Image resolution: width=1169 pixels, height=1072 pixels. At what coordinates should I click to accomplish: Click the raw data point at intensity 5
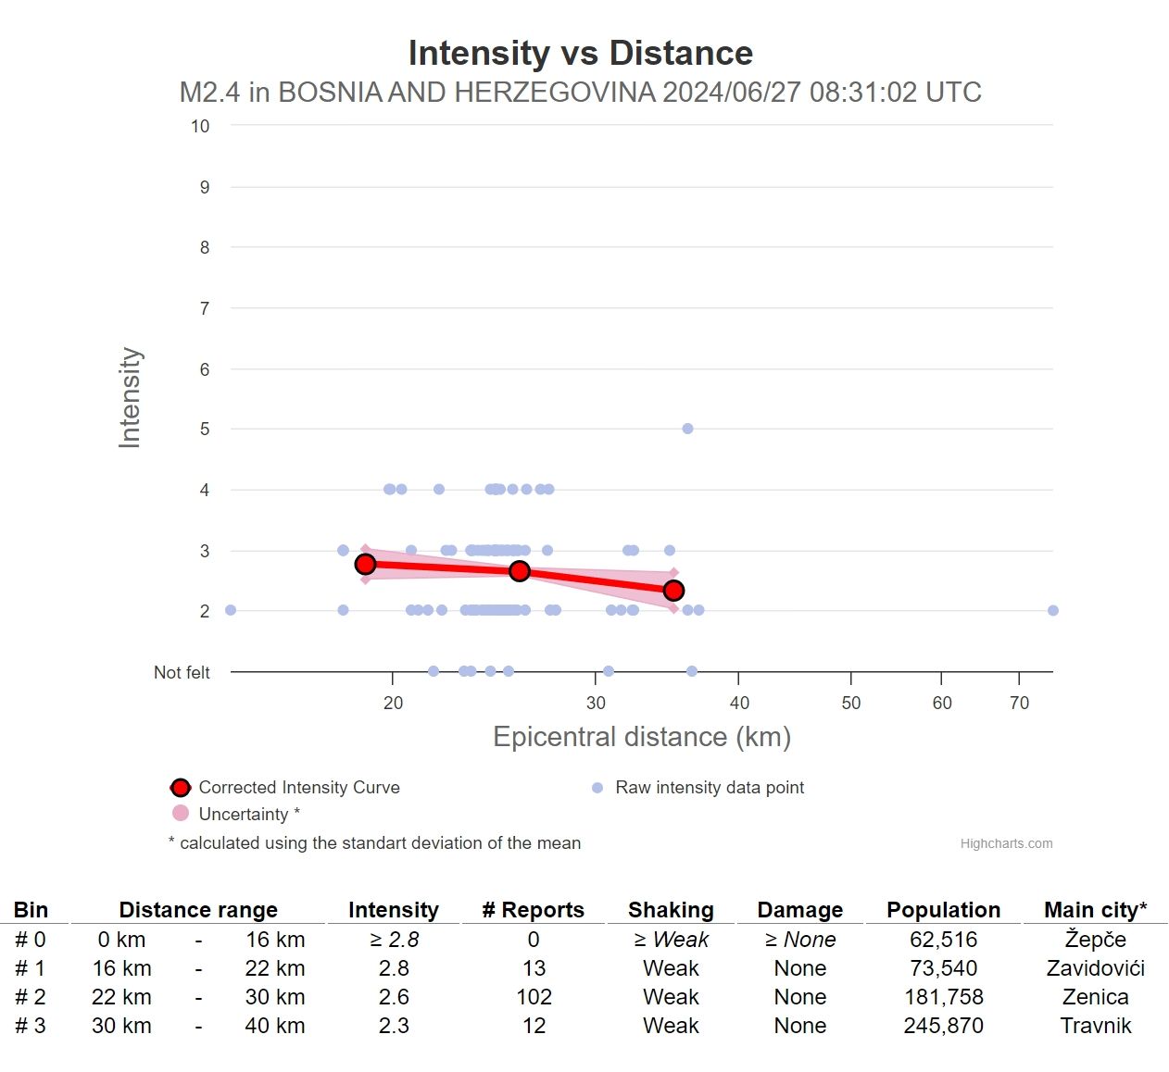coord(687,429)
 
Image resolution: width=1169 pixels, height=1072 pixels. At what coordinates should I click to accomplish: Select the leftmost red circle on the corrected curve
coord(365,564)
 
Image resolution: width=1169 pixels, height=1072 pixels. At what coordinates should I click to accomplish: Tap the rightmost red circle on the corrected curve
coord(673,591)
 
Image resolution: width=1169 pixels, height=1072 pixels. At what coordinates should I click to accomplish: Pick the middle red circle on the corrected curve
coord(520,571)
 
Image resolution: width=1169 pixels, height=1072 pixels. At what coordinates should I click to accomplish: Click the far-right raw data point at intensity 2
coord(1052,610)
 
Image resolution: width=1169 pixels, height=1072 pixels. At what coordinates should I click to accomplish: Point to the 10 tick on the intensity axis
coord(200,126)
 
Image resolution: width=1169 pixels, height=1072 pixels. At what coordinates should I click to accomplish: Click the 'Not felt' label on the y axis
coord(182,672)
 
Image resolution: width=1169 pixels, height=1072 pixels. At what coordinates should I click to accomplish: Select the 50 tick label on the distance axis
coord(850,703)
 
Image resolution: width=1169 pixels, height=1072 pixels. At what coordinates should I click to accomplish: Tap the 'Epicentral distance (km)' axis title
coord(642,737)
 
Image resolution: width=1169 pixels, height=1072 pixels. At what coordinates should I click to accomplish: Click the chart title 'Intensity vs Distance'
coord(581,53)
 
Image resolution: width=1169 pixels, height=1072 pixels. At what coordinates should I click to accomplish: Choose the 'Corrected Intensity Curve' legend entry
coord(298,788)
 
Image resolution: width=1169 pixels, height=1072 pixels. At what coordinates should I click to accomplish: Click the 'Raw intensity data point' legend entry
coord(709,788)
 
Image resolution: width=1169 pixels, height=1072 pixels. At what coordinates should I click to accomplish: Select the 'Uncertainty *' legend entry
coord(248,815)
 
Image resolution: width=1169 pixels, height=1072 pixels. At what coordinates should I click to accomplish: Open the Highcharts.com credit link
coord(1006,843)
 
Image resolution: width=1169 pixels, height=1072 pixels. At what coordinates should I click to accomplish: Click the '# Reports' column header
coord(533,910)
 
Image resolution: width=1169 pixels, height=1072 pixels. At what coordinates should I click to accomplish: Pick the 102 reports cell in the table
coord(534,997)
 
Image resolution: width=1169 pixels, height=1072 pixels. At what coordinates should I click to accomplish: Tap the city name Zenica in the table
coord(1095,997)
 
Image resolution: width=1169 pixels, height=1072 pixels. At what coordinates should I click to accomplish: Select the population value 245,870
coord(943,1026)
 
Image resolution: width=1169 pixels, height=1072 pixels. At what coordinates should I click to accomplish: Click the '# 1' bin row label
coord(30,968)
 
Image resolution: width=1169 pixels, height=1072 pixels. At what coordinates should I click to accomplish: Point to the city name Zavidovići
coord(1095,968)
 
